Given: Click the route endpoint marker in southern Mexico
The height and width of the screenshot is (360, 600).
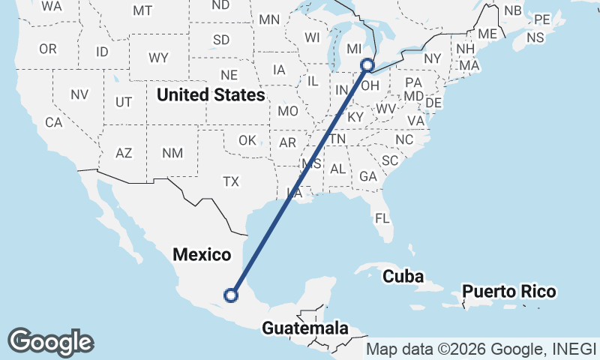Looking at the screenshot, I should [x=231, y=295].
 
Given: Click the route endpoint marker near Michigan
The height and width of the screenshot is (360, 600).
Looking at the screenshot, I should [x=367, y=65].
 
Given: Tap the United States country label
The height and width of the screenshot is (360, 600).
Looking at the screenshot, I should [x=211, y=95].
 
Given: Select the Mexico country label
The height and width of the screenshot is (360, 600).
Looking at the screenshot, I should [x=202, y=254].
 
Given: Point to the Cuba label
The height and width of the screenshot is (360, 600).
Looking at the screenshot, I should [x=404, y=276].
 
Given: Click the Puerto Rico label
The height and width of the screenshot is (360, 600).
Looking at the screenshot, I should [x=508, y=291].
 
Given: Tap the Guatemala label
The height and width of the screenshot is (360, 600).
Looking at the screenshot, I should [x=305, y=328].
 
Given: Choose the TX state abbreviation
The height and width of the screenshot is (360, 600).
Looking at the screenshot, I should [x=230, y=181].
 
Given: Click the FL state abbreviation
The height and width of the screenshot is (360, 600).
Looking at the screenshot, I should [x=382, y=219].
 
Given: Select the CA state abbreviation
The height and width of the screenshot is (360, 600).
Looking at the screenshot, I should [x=53, y=122].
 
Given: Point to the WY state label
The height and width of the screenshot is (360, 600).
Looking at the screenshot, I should [x=158, y=58].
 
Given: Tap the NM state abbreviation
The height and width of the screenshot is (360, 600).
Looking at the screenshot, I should [x=172, y=152].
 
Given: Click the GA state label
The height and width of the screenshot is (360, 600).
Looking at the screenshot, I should [x=367, y=176].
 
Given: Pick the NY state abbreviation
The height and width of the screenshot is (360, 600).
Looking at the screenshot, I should [x=433, y=58].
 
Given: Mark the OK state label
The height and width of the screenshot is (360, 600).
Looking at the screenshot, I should [x=247, y=140].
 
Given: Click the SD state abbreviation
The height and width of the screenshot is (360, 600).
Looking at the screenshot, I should [x=221, y=39].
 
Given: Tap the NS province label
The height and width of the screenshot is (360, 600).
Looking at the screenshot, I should [x=535, y=37].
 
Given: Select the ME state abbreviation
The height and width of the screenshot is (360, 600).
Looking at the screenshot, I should [x=487, y=34].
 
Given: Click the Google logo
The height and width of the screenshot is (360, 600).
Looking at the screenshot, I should [x=50, y=341].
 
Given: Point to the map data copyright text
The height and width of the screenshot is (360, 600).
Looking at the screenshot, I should [x=481, y=349].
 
